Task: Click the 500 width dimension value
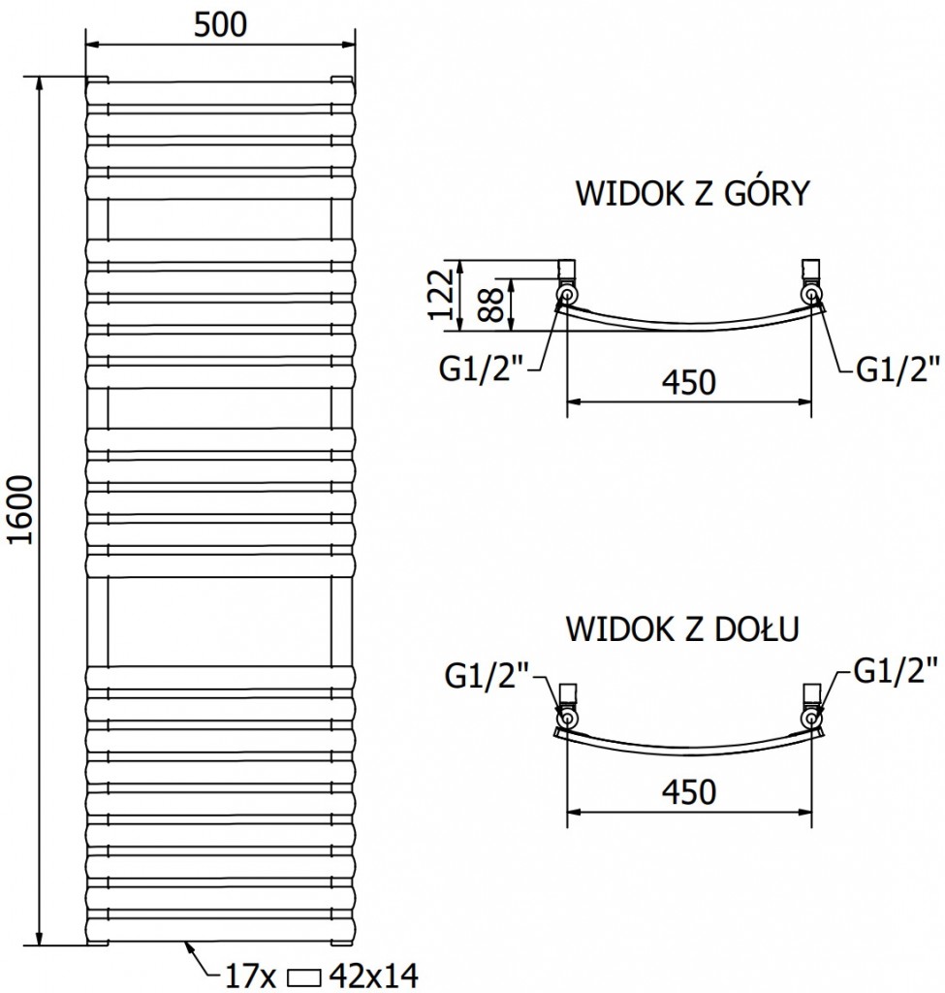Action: point(220,24)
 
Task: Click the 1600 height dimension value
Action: point(22,511)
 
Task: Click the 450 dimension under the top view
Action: point(688,381)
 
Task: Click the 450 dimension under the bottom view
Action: point(688,792)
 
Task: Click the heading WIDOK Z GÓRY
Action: point(692,194)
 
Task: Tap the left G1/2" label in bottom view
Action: point(487,673)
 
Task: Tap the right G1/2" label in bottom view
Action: point(897,668)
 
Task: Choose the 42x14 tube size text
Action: point(374,975)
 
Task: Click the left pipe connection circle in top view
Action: point(566,292)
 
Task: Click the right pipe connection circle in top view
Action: point(810,292)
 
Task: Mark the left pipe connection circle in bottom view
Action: point(566,717)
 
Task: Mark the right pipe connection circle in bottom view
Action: point(810,717)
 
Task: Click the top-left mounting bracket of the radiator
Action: point(98,80)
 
